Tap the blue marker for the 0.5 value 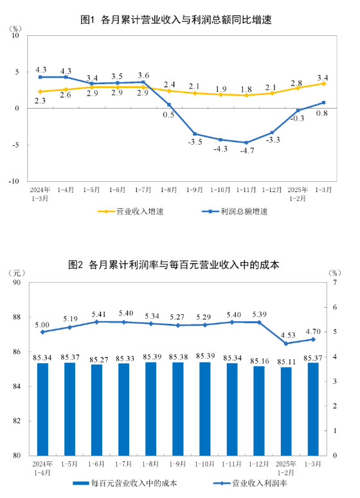168,104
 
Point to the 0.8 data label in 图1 323,113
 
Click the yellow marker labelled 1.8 246,95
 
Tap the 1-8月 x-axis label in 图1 168,191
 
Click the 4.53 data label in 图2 286,334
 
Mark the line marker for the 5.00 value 42,332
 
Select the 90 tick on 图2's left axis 17,283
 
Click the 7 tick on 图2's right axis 334,283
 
